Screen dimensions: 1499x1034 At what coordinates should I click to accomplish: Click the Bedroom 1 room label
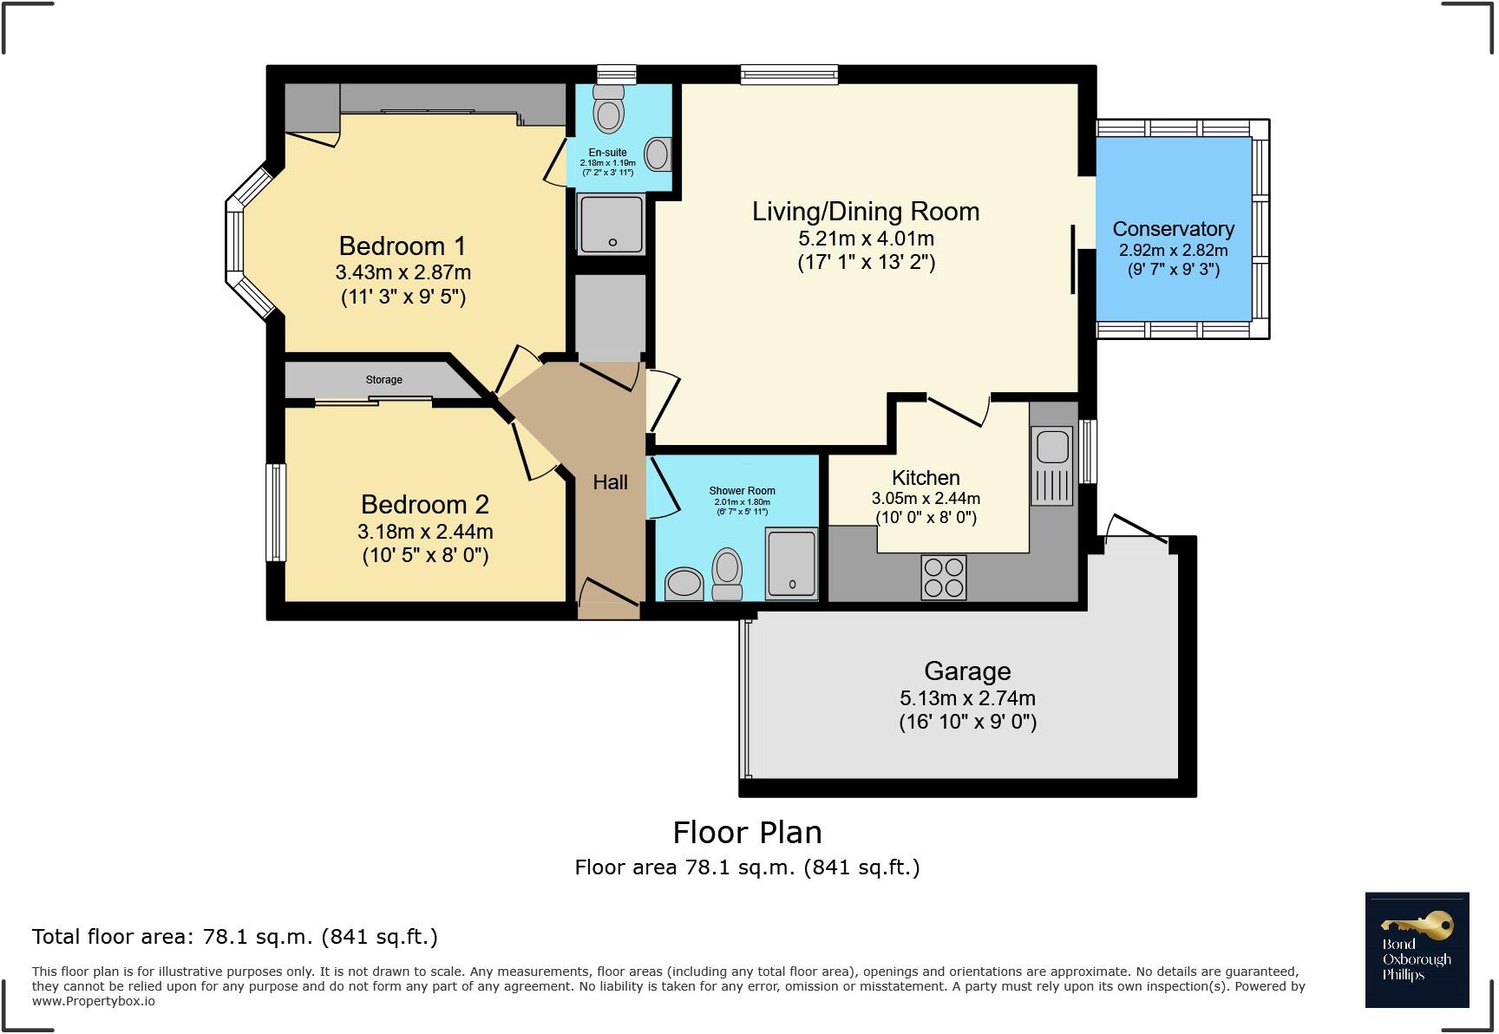[x=403, y=246]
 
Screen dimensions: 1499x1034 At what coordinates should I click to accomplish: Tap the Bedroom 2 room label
[x=425, y=505]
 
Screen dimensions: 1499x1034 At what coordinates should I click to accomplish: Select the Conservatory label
[x=1174, y=229]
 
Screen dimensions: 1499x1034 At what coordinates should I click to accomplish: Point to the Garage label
[x=967, y=671]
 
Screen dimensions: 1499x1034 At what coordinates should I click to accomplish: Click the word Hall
[x=610, y=482]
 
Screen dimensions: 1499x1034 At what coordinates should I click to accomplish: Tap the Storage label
[x=383, y=380]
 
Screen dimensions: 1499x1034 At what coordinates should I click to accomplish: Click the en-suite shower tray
[x=612, y=225]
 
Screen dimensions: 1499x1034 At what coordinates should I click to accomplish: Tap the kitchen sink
[x=1052, y=466]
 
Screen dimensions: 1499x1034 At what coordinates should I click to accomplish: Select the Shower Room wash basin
[x=684, y=583]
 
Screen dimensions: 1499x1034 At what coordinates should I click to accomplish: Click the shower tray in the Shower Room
[x=792, y=564]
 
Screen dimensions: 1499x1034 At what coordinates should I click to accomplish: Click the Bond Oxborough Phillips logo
[x=1417, y=950]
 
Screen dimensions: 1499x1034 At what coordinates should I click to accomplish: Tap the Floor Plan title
[x=748, y=833]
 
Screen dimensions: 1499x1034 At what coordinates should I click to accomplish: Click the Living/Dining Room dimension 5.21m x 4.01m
[x=866, y=239]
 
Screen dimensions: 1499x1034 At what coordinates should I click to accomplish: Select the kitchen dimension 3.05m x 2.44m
[x=926, y=499]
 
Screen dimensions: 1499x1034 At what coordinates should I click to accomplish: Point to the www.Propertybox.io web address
[x=94, y=1001]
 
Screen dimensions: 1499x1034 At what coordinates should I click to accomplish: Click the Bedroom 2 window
[x=276, y=512]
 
